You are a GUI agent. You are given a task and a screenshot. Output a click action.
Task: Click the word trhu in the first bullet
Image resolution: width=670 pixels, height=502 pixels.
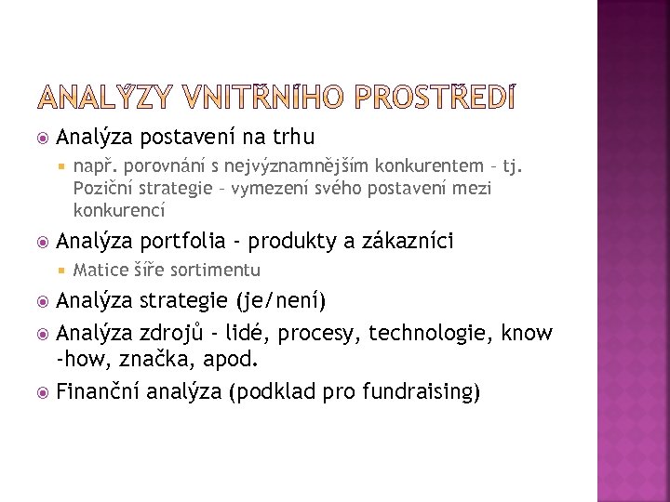click(292, 138)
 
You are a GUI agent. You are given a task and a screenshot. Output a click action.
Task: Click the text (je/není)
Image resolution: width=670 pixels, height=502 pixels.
click(281, 301)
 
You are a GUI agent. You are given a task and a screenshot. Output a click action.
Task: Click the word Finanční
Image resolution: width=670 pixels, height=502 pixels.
click(99, 391)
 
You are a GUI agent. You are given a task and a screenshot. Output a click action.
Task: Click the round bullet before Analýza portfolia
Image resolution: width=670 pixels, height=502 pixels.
click(41, 243)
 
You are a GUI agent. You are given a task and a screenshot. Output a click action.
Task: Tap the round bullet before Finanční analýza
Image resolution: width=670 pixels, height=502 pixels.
click(41, 392)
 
